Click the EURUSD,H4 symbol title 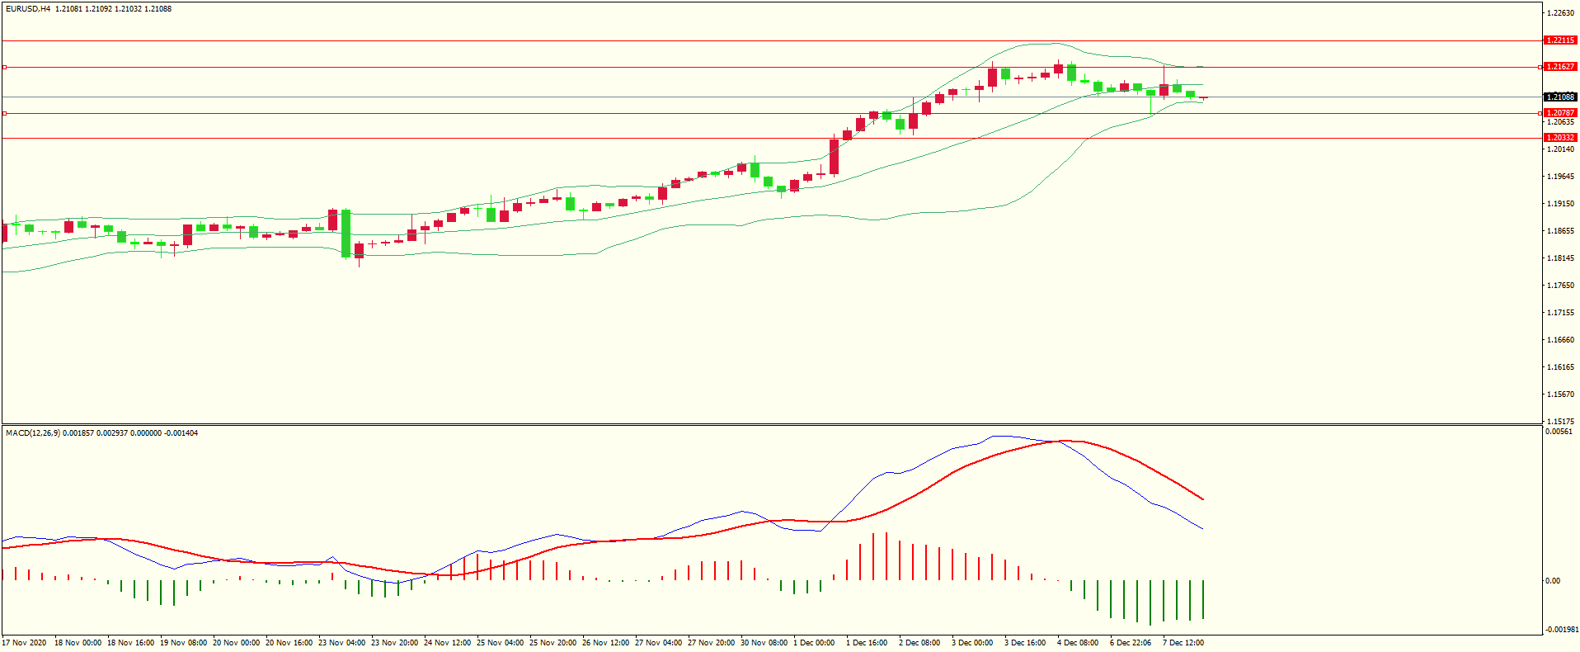28,9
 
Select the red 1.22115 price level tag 1559,40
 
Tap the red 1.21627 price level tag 1559,67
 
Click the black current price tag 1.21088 1559,97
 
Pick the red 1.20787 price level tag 1559,113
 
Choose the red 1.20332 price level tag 1559,138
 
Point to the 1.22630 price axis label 1560,13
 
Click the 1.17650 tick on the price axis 1560,286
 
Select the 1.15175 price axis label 1560,422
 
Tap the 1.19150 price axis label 1560,204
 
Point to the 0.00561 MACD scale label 1558,432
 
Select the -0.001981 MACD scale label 1561,630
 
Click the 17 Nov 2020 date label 25,643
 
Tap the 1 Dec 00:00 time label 814,643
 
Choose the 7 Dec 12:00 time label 1183,643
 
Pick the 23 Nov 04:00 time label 341,643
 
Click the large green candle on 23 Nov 346,234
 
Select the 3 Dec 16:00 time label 1025,643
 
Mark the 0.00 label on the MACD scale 1553,581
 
